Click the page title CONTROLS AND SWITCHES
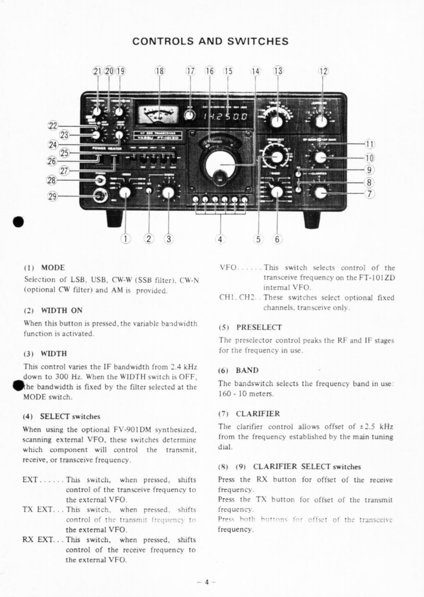pyautogui.click(x=212, y=41)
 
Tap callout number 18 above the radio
pyautogui.click(x=159, y=72)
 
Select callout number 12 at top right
pyautogui.click(x=323, y=72)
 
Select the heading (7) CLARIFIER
pyautogui.click(x=247, y=413)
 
